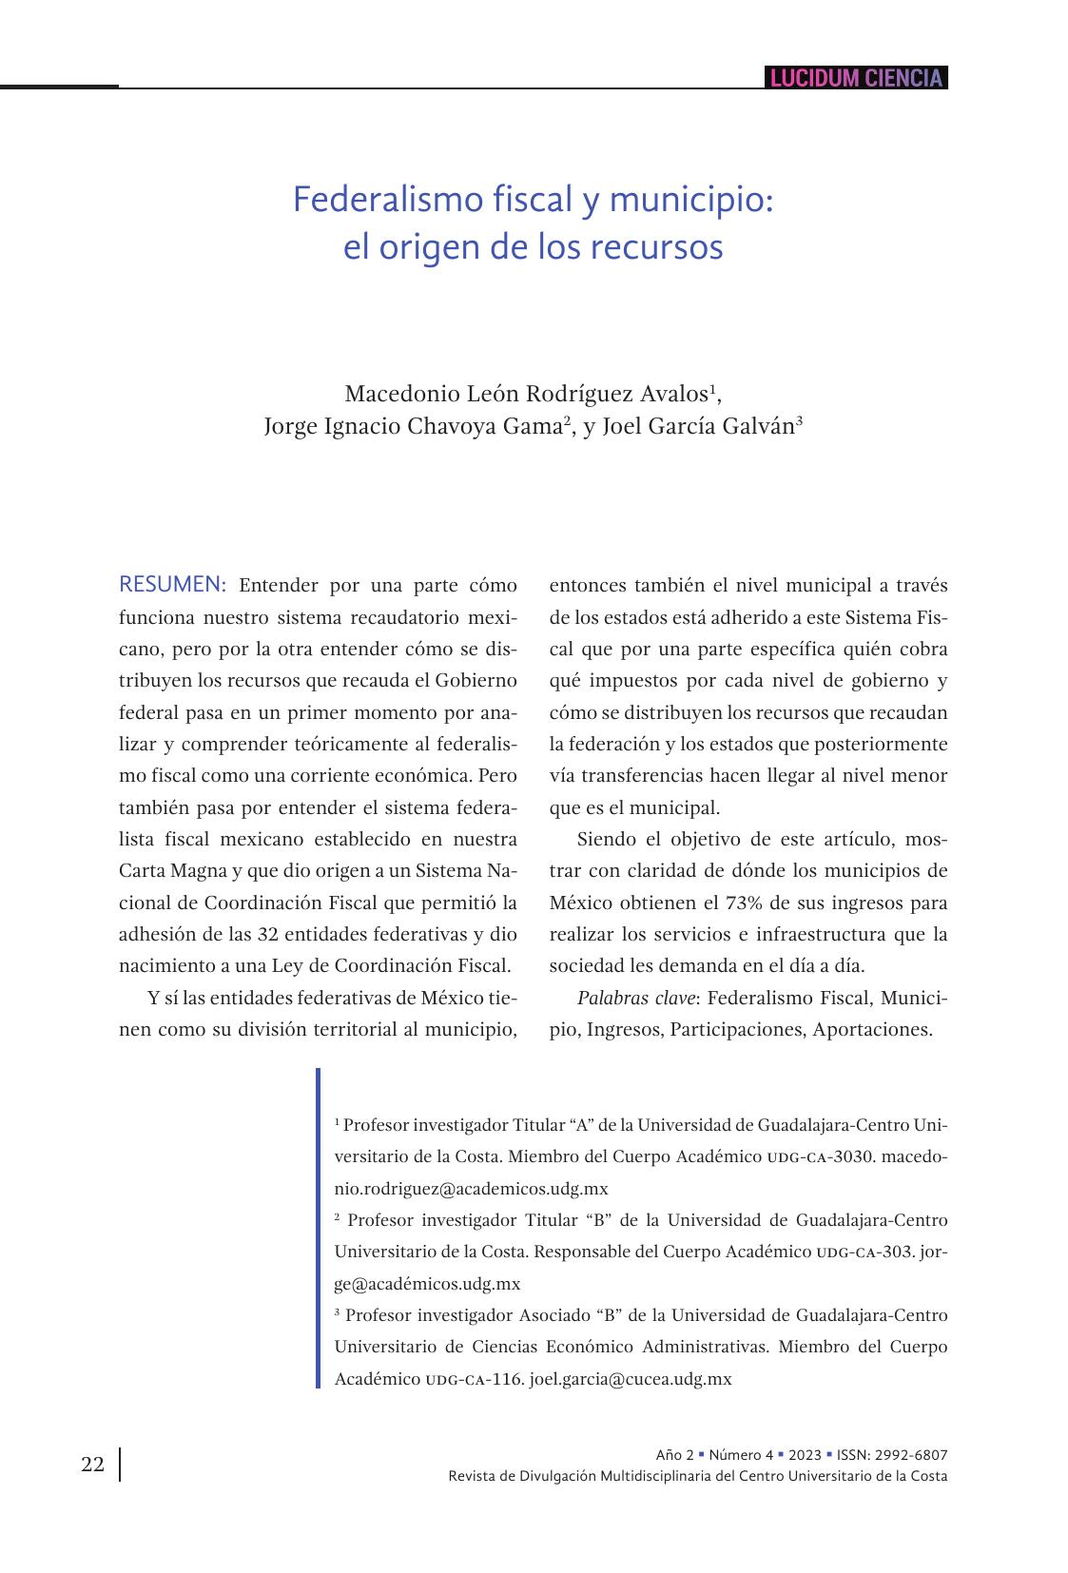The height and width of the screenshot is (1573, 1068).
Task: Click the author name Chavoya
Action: [451, 426]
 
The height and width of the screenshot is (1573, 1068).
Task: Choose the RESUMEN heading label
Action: [172, 584]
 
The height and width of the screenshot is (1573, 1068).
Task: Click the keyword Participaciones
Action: [736, 1029]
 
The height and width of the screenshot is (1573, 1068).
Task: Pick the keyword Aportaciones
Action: [871, 1029]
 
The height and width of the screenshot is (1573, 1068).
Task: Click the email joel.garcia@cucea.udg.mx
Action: [630, 1379]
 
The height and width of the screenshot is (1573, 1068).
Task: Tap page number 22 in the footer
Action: [92, 1465]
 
